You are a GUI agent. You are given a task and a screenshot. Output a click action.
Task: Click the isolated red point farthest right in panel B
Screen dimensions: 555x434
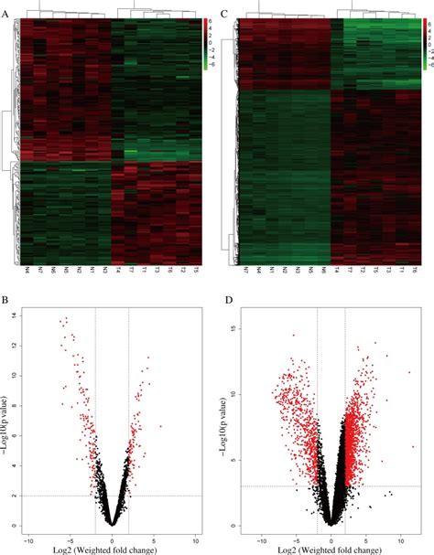[x=160, y=426]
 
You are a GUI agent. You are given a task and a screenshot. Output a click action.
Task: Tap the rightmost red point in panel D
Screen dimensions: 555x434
[x=413, y=446]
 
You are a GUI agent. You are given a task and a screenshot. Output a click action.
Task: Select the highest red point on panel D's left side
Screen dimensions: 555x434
[x=293, y=336]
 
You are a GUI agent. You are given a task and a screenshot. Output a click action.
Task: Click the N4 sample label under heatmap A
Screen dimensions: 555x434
[x=28, y=272]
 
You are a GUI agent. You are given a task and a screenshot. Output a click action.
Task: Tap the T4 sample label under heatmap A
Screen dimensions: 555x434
[x=118, y=272]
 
